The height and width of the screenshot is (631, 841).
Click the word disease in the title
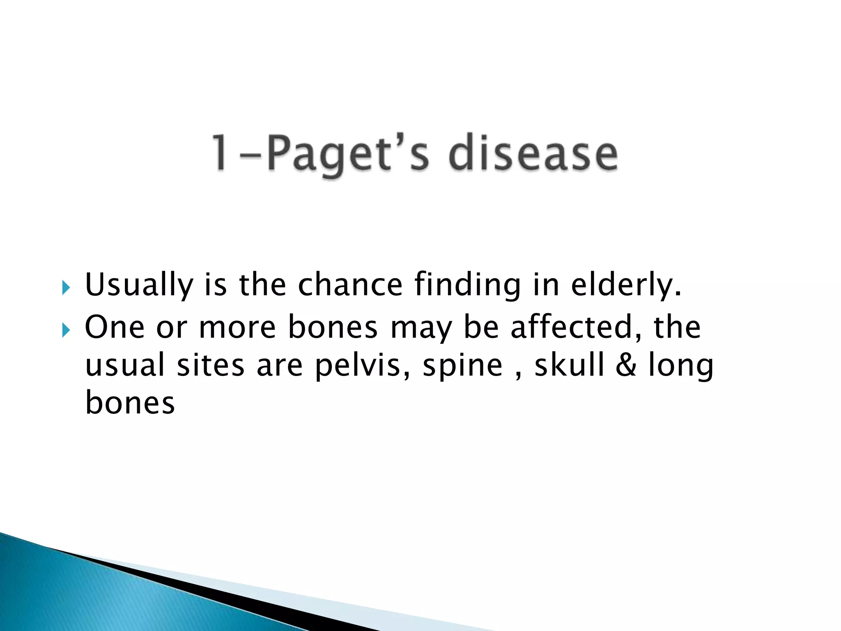(533, 154)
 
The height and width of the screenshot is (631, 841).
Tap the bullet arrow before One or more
(66, 329)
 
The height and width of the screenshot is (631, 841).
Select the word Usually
(139, 285)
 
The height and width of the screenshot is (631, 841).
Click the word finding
(467, 285)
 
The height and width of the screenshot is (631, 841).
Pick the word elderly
(626, 285)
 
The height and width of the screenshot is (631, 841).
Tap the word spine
(462, 366)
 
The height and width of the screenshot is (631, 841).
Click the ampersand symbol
(626, 365)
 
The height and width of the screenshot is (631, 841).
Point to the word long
(680, 366)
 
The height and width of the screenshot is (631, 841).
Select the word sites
(210, 365)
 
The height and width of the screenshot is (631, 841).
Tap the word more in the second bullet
(237, 327)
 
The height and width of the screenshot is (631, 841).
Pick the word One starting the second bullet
(115, 327)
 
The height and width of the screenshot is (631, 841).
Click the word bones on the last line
(130, 403)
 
